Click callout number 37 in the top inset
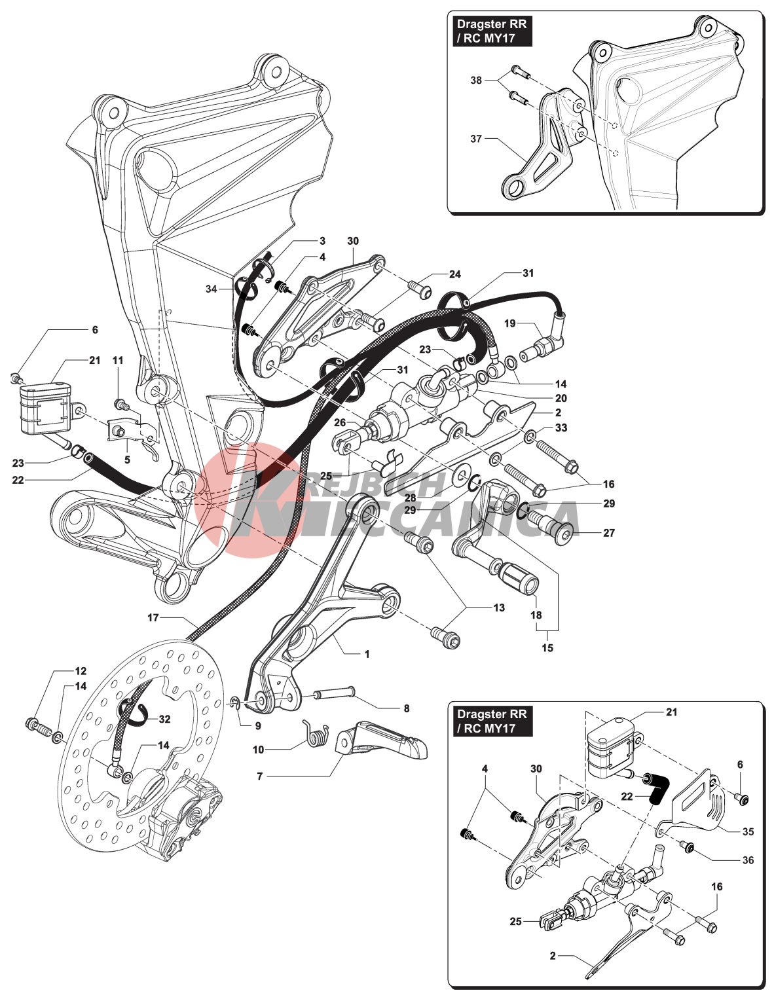(x=476, y=139)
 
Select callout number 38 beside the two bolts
(x=476, y=81)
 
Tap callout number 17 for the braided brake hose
(x=153, y=617)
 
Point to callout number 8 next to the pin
(x=407, y=708)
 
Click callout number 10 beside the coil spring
(x=258, y=750)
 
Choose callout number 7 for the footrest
(x=260, y=776)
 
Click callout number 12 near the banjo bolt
(x=81, y=671)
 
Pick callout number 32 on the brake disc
(x=164, y=719)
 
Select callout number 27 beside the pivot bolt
(x=609, y=533)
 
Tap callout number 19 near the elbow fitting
(x=510, y=323)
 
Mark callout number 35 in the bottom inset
(x=748, y=831)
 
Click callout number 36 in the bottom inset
(x=748, y=860)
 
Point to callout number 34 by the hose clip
(x=211, y=289)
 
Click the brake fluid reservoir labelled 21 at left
(x=46, y=409)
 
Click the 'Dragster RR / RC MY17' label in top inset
(x=491, y=31)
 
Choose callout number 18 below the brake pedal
(x=536, y=615)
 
